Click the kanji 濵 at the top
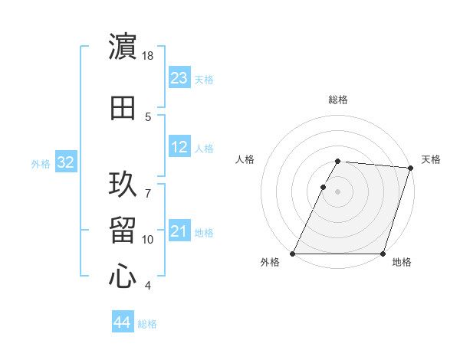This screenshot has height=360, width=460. point(123,47)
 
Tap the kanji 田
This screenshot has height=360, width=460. point(123,108)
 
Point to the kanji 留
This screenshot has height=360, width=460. point(123,231)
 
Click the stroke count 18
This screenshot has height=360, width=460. point(148,56)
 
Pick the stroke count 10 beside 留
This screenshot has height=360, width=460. point(148,240)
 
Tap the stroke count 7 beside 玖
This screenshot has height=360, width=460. point(148,185)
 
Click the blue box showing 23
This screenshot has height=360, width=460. point(179,78)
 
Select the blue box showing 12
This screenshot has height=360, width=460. point(179,147)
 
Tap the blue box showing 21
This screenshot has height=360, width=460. point(179,231)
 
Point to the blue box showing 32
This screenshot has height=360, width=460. point(65,162)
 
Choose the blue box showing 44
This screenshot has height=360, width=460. point(123,322)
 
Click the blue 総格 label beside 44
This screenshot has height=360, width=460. point(147,324)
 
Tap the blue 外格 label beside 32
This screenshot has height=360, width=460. point(40,163)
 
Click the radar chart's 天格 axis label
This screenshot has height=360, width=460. point(431,159)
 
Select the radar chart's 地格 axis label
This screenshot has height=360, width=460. point(402,263)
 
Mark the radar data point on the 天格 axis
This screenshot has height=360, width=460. point(411,168)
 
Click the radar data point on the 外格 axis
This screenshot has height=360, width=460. point(293,254)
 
